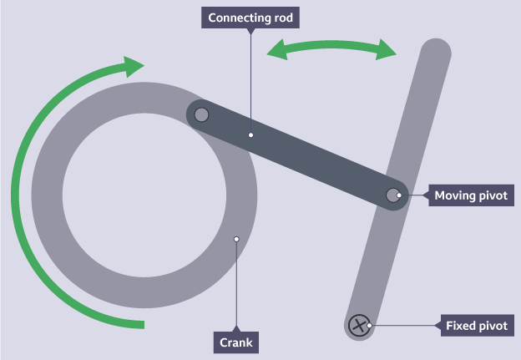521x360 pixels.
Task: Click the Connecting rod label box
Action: coord(251,18)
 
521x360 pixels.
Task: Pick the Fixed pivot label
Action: coord(477,325)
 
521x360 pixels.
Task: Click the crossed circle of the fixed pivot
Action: coord(360,325)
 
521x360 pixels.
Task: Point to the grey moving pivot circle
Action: coord(393,195)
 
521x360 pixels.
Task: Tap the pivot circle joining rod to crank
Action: coord(200,114)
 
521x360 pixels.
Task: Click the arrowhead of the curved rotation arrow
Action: coord(134,66)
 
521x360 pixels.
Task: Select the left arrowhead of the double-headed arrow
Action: coord(276,51)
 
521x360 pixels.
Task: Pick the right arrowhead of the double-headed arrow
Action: coord(386,50)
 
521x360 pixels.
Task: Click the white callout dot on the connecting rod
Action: coord(250,133)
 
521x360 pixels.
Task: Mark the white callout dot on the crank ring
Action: coord(236,239)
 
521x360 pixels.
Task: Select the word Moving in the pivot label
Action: coord(455,196)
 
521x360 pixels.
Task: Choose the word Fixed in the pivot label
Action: coord(462,325)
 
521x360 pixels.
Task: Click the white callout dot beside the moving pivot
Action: coord(400,195)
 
